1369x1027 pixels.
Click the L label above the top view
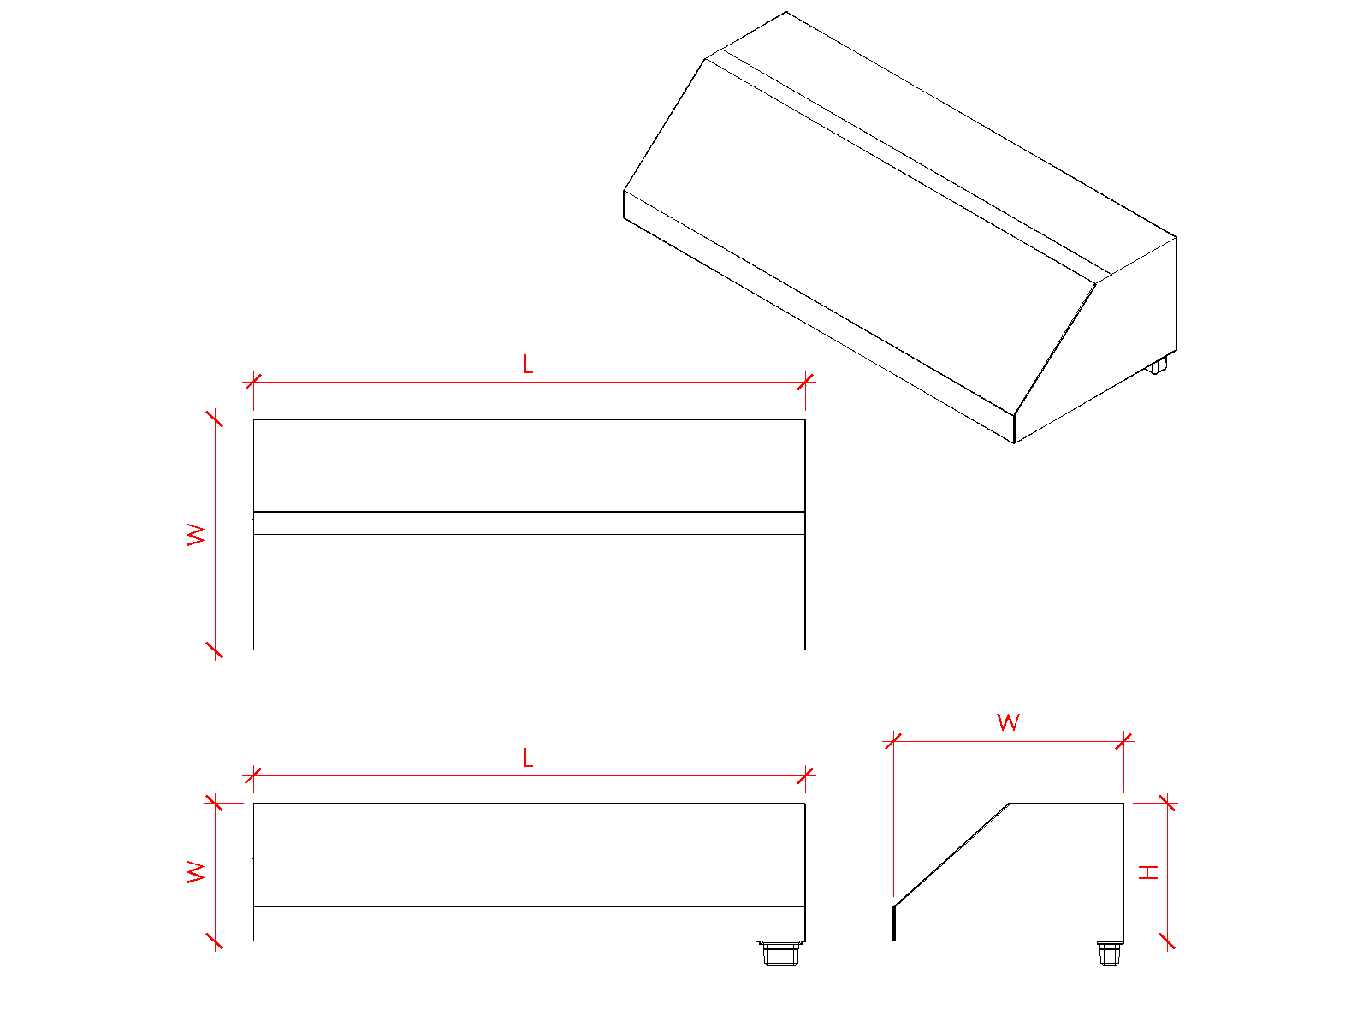pos(528,364)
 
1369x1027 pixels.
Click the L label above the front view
pos(528,757)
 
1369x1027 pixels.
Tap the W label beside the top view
pos(196,535)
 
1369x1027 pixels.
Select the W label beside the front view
pos(196,872)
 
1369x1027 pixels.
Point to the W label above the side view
pos(1008,722)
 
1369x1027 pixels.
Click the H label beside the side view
pos(1148,872)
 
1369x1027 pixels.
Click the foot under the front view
pos(780,953)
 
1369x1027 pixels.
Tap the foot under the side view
pos(1109,953)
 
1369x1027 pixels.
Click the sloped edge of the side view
pos(951,855)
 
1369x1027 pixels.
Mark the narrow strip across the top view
pos(529,523)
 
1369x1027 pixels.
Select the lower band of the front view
pos(529,924)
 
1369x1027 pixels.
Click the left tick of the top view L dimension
pos(253,382)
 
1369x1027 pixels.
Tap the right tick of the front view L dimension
pos(805,775)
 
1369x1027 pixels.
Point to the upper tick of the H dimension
pos(1167,803)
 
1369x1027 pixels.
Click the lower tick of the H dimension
pos(1167,941)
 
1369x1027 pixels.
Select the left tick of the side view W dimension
pos(893,741)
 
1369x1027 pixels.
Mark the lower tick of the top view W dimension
pos(215,650)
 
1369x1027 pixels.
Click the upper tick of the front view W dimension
pos(215,803)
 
